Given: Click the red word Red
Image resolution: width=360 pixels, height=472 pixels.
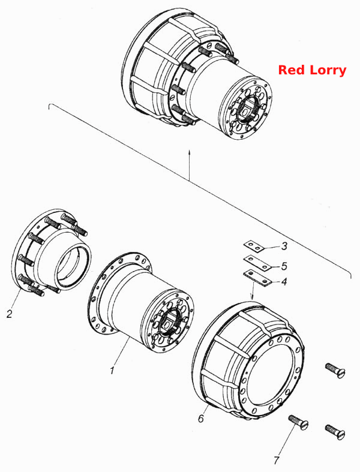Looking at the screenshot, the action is tap(292, 70).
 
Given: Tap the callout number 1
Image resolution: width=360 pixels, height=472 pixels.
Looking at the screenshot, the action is tap(112, 370).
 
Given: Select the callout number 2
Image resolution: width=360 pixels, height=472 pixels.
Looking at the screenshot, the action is tap(10, 314).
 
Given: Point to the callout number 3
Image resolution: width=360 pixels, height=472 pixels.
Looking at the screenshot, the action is tap(284, 246).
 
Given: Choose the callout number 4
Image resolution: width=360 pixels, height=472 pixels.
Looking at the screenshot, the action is tap(284, 282).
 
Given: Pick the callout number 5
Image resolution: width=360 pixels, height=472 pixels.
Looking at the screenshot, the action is tap(284, 266).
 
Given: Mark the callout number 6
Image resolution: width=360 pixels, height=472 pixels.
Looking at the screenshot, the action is tap(201, 418).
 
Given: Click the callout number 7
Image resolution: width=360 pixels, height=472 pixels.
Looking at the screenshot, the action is tap(277, 460).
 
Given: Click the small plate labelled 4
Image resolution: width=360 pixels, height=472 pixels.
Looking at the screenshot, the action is tap(257, 278).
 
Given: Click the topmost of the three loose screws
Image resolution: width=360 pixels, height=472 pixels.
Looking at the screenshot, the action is tap(335, 370).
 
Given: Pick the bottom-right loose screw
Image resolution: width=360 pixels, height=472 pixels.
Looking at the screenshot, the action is tap(335, 432).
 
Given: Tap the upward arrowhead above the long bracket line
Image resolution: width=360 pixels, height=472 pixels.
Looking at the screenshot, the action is tap(189, 152).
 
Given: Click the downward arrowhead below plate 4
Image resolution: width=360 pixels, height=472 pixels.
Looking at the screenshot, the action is tap(253, 297).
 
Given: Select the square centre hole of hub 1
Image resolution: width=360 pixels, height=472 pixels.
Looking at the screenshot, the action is tap(166, 324).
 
